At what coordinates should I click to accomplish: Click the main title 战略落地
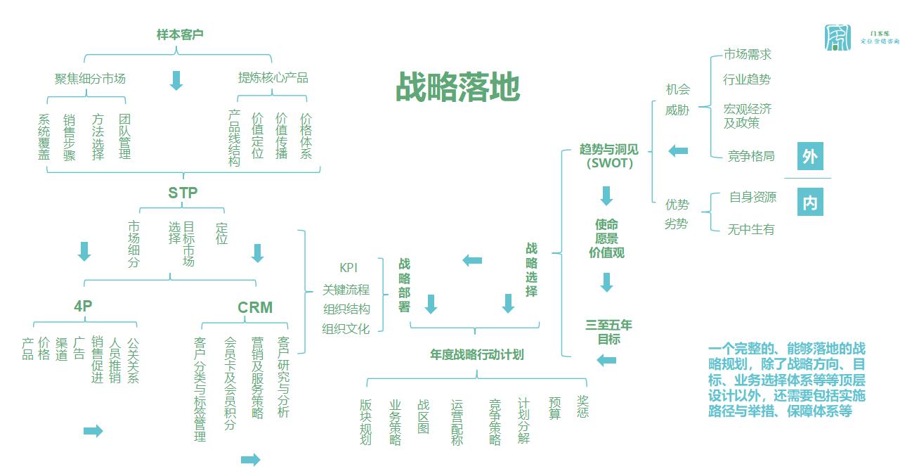point(457,88)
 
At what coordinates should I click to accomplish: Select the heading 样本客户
point(180,34)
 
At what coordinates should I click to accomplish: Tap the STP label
point(183,192)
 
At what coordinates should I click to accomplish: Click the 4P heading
point(83,307)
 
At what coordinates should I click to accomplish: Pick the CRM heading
point(255,307)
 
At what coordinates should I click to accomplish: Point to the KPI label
point(349,268)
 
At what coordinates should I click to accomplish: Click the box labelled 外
point(810,156)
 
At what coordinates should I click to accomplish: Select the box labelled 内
point(810,203)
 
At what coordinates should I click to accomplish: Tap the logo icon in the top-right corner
point(837,37)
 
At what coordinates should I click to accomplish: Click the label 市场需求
point(748,54)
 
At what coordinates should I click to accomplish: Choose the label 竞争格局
point(751,156)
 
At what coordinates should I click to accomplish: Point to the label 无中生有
point(751,229)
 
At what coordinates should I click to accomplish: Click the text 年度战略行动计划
point(477,354)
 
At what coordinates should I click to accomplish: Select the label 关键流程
point(346,289)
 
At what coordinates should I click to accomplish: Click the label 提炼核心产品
point(273,77)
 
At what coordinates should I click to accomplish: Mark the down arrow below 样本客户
point(176,80)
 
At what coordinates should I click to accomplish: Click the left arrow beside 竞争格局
point(678,150)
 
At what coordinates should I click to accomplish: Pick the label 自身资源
point(752,197)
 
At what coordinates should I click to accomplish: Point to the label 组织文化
point(346,328)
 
